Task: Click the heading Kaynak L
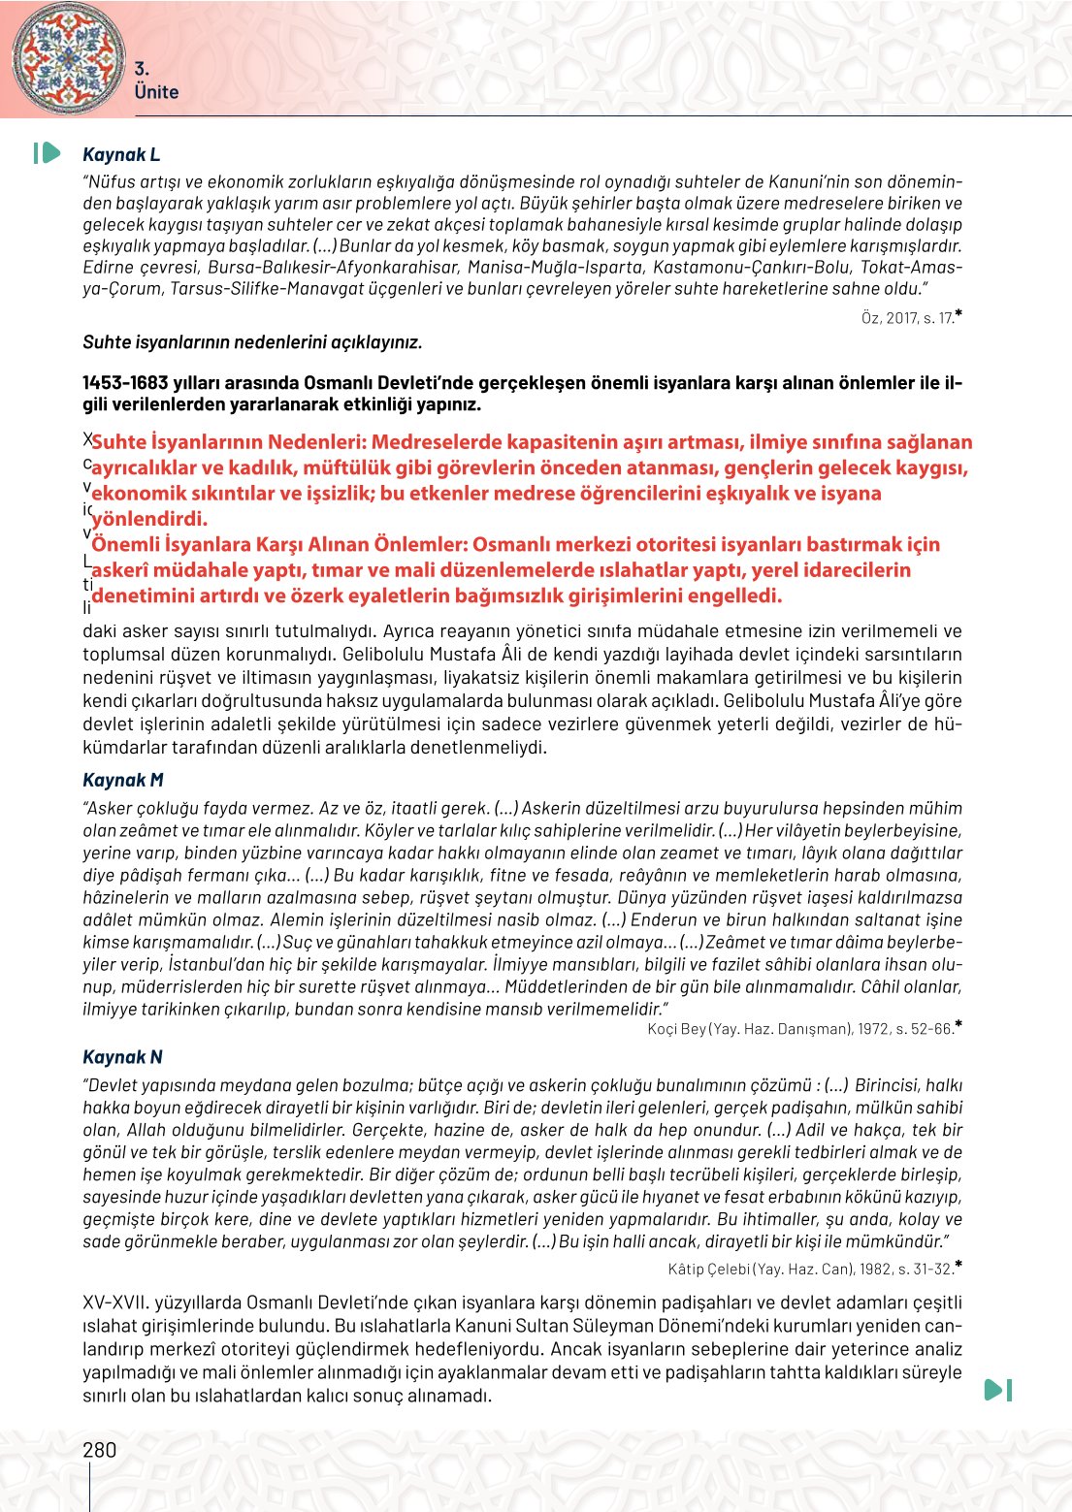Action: click(x=121, y=154)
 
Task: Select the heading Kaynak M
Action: click(x=123, y=780)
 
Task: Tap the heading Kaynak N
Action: click(x=122, y=1057)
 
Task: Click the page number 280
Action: click(x=100, y=1450)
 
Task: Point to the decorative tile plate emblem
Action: click(x=68, y=55)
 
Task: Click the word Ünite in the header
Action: click(x=156, y=92)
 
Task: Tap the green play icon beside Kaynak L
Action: click(x=47, y=153)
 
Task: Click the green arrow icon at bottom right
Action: click(x=997, y=1390)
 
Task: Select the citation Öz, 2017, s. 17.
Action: click(x=907, y=318)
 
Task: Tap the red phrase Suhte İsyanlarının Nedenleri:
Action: click(x=229, y=442)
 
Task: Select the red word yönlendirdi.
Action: click(x=149, y=519)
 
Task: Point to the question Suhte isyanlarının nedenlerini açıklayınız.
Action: click(x=252, y=342)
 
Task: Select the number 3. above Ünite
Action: click(x=142, y=69)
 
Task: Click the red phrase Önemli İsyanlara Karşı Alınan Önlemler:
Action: click(x=280, y=544)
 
